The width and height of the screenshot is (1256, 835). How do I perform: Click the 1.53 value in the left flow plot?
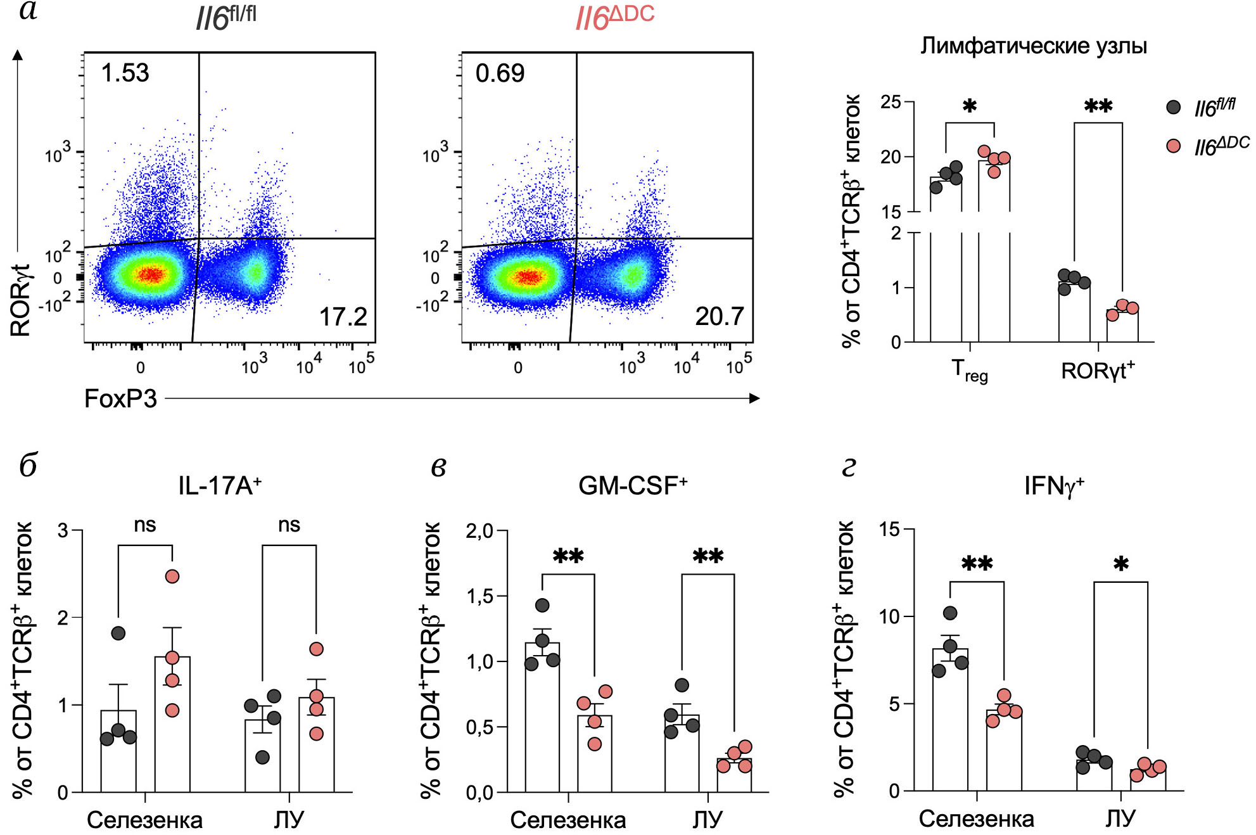coord(125,73)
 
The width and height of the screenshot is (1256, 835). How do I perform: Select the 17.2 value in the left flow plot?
coord(343,317)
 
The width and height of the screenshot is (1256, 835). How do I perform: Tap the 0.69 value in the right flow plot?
coord(500,73)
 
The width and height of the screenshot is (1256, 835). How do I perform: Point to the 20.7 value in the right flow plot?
coord(719,317)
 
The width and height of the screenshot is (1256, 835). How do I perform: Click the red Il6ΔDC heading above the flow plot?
coord(614,18)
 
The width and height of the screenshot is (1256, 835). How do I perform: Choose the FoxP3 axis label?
coord(120,398)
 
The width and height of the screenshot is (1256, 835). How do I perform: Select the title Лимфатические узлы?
coord(1033,46)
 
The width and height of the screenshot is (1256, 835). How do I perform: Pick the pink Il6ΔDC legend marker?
coord(1173,146)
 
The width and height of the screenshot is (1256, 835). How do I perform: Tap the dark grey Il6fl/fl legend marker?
coord(1173,107)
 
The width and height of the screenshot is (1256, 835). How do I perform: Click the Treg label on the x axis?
coord(969,370)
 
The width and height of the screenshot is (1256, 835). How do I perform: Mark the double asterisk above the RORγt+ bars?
coord(1098,105)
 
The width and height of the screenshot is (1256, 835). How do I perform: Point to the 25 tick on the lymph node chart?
coord(891,102)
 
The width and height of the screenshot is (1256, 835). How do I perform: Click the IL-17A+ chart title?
coord(220,486)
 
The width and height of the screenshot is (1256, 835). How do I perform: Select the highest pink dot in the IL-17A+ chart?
coord(172,577)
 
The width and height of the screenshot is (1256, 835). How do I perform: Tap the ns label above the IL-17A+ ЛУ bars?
coord(289,525)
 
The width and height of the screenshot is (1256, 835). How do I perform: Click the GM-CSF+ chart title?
coord(633,486)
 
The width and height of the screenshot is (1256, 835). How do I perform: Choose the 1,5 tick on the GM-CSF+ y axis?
coord(479,596)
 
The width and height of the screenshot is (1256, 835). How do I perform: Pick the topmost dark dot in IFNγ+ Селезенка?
coord(950,613)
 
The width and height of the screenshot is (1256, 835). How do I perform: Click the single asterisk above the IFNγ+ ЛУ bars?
coord(1120,564)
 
